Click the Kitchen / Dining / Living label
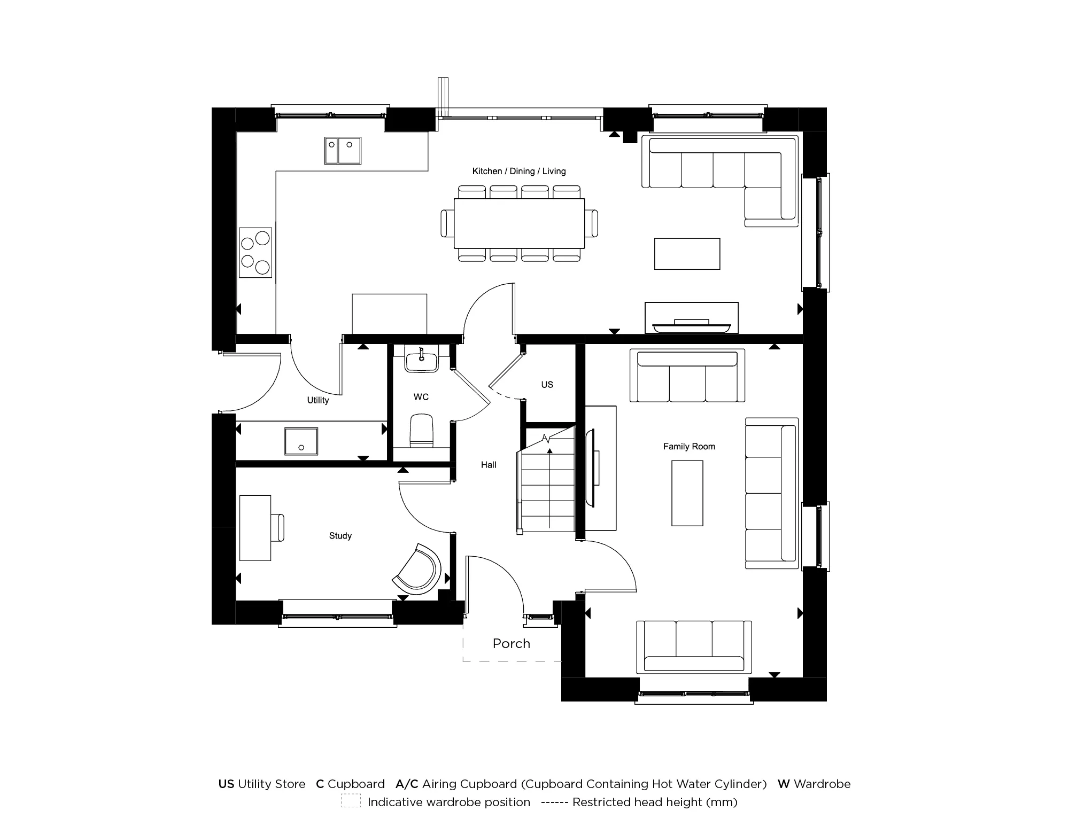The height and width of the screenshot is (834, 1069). (x=518, y=171)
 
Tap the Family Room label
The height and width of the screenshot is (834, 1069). (x=689, y=446)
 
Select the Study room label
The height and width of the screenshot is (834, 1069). (x=340, y=535)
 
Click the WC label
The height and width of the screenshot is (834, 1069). (x=421, y=397)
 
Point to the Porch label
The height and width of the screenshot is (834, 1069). (x=511, y=643)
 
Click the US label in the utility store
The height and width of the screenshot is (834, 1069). (x=547, y=385)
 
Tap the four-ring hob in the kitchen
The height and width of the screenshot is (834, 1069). (x=255, y=252)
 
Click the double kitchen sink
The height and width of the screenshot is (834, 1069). (x=343, y=150)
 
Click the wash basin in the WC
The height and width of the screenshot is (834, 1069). (x=421, y=359)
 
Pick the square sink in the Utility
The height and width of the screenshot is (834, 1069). (x=301, y=441)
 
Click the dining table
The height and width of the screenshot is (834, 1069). (x=519, y=223)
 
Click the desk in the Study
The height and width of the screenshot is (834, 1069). (x=255, y=528)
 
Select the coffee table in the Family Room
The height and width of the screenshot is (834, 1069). (x=687, y=494)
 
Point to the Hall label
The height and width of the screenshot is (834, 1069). (x=488, y=465)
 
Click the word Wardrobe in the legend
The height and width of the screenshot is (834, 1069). (x=822, y=784)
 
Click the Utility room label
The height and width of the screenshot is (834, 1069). (x=317, y=400)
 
